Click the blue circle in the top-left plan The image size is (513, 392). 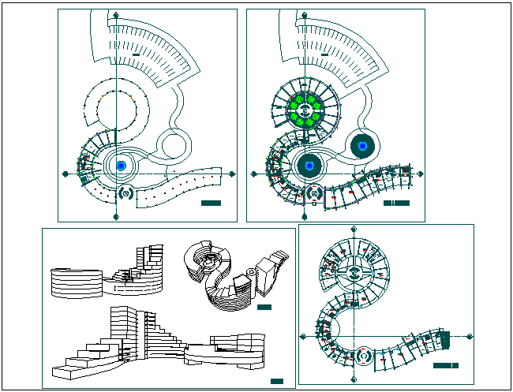121,166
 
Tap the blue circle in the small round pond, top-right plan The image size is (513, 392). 362,145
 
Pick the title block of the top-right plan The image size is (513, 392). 396,203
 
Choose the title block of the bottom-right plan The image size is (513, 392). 447,366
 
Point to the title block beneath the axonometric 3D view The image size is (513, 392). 264,308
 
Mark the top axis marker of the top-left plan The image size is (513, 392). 117,15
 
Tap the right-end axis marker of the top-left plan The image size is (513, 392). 231,174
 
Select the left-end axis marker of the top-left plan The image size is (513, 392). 65,174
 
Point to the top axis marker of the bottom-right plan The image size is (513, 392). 353,230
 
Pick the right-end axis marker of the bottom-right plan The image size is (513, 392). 472,337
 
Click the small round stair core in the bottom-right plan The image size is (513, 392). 363,356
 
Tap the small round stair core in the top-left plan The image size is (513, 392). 125,192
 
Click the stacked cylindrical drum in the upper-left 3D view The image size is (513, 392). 76,282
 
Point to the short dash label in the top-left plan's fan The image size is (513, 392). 137,54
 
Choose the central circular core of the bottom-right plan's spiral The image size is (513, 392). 354,274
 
